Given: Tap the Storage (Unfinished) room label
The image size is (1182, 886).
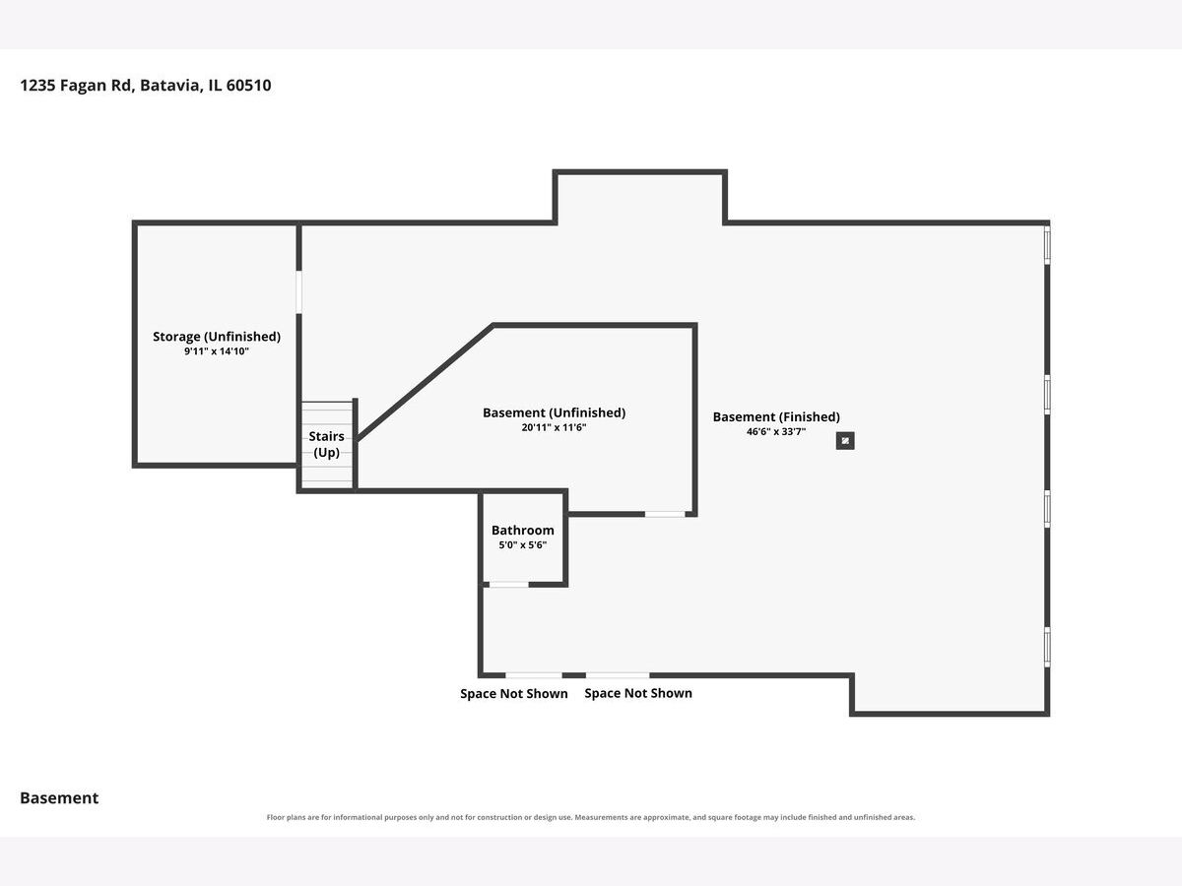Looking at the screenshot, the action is (217, 337).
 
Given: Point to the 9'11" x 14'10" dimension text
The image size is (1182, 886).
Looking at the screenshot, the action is (217, 351).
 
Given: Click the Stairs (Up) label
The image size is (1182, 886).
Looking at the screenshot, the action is (326, 444).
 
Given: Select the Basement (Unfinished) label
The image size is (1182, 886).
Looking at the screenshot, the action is (555, 413).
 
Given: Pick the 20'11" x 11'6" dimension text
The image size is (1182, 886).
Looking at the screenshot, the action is (555, 428).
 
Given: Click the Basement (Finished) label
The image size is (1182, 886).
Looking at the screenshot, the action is (776, 417).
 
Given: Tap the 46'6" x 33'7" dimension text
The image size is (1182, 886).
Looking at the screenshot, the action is (776, 432).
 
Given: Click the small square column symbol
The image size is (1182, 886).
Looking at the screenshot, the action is (845, 441).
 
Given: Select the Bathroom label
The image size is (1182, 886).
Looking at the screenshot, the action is (522, 531).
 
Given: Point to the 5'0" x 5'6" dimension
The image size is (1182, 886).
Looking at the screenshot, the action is (522, 545).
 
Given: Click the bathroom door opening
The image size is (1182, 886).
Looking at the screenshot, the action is (509, 585).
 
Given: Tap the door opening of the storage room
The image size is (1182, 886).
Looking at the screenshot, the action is (298, 292).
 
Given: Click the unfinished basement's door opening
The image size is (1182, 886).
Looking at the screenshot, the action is (665, 514).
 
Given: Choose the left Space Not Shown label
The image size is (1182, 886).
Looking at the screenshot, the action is (514, 694).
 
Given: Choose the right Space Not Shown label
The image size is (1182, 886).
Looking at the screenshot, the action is (638, 693).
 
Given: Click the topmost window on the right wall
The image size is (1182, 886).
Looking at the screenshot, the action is (1047, 245).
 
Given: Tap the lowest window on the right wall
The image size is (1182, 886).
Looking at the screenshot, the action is (1047, 647).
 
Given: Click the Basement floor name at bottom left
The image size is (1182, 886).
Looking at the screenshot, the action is (59, 798).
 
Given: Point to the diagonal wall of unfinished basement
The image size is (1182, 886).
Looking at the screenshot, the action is (425, 383).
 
